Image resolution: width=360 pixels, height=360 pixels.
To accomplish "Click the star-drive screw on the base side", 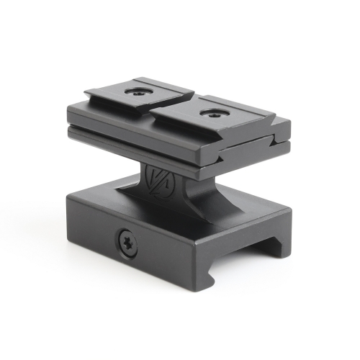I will (x=127, y=243).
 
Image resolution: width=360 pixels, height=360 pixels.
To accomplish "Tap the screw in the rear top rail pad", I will (x=135, y=92).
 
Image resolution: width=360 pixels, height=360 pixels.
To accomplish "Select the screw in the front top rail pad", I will (x=212, y=112).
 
